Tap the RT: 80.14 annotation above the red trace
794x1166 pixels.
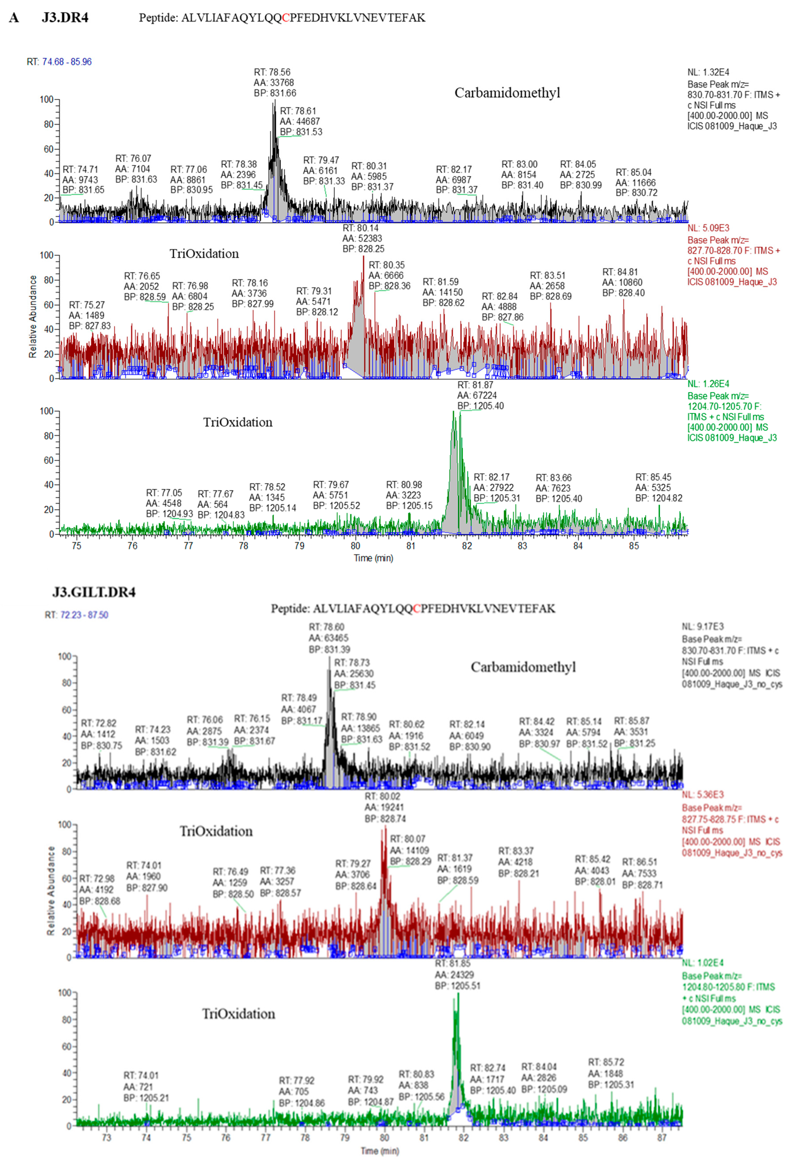(360, 228)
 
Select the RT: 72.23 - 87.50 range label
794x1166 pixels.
(76, 615)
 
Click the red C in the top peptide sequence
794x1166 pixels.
(286, 18)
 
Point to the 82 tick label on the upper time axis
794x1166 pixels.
(467, 546)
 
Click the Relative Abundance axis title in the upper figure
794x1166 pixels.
(33, 316)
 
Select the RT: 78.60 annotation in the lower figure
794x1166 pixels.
(327, 627)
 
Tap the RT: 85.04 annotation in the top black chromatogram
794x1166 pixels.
(633, 173)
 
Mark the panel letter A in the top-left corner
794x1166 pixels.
(14, 18)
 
